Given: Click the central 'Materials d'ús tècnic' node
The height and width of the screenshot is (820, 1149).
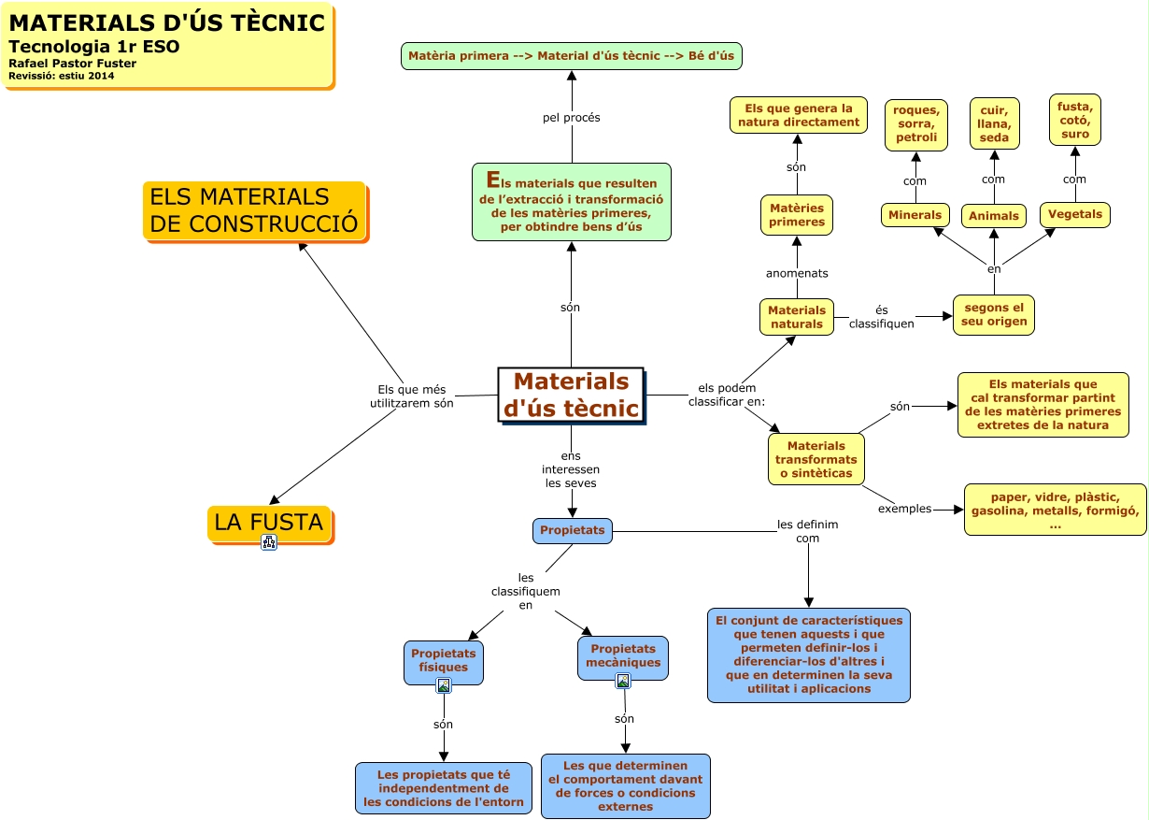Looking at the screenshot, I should (571, 395).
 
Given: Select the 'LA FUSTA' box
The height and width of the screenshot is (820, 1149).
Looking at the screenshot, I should (269, 523).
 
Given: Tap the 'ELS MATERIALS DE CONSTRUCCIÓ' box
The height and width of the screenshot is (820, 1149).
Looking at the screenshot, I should (254, 210).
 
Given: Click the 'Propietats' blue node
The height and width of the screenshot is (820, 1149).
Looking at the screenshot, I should (572, 530).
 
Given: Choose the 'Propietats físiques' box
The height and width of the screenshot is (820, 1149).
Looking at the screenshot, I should (443, 660).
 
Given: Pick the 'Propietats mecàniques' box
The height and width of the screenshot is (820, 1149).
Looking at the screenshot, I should (623, 655).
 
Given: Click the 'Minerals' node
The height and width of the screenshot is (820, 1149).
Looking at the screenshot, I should (915, 215).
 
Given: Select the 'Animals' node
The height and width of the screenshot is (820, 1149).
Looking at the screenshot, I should (994, 216).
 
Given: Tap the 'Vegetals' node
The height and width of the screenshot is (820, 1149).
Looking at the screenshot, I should (1074, 214).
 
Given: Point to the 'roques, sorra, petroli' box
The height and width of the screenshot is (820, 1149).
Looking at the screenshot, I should (915, 124).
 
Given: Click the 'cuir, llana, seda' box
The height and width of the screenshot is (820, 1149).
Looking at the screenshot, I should (994, 123).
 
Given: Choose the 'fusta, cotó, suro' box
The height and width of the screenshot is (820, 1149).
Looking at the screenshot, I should (1074, 120).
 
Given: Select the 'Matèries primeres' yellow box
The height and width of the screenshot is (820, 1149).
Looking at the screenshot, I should (797, 215).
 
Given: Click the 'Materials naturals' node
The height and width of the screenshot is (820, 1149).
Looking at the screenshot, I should (797, 317).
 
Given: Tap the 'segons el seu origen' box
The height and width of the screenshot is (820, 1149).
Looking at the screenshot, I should (994, 314).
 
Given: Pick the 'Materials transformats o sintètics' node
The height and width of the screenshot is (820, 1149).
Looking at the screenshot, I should (816, 459).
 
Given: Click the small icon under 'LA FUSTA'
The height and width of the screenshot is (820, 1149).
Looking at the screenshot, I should (269, 542).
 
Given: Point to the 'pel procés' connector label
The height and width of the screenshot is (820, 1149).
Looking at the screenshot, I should (571, 118).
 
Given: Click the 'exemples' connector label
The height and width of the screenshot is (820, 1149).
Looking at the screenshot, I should (904, 509).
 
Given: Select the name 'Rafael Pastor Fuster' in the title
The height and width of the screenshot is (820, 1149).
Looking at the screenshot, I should (72, 64).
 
